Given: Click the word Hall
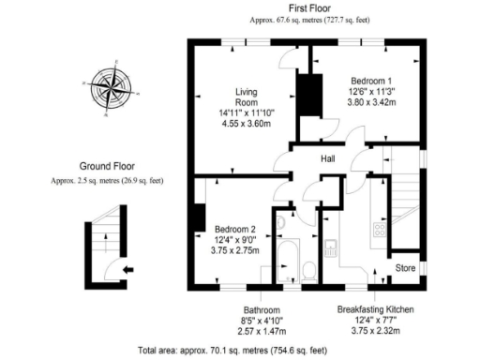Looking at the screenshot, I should coord(328,158).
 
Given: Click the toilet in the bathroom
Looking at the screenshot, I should coord(309,271).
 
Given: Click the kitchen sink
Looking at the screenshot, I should coord(332,248).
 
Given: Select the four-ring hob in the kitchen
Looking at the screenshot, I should coord(381,229).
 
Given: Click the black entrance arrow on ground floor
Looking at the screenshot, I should coord(127,270).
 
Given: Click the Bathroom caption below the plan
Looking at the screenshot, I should coord(262,308).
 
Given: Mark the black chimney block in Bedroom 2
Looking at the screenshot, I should coord(200,218).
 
